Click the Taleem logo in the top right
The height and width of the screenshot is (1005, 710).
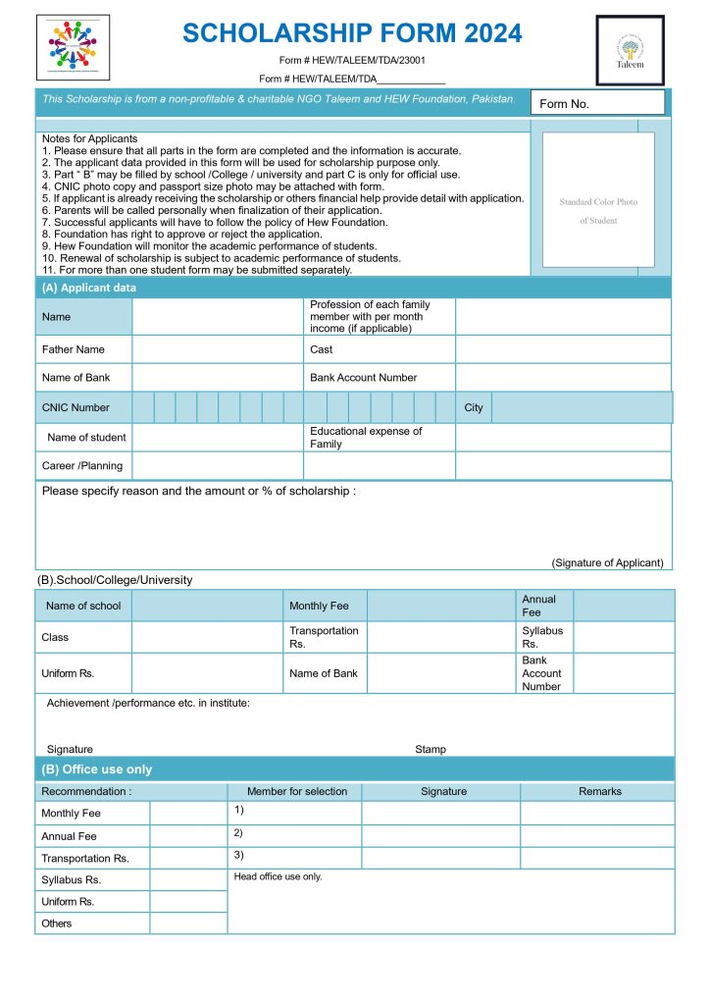[x=631, y=49]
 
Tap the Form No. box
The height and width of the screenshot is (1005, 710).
[x=597, y=103]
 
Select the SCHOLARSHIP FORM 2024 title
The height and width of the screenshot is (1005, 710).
[x=352, y=33]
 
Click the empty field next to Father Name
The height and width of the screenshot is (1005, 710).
[x=217, y=349]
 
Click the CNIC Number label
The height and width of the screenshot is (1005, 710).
[x=76, y=407]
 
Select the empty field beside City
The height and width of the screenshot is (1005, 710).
[x=581, y=407]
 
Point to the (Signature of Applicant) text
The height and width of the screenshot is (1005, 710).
[x=607, y=562]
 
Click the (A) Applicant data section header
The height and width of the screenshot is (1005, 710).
[x=89, y=288]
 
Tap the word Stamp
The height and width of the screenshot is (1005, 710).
[x=431, y=749]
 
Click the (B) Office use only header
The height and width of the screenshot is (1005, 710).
[x=96, y=769]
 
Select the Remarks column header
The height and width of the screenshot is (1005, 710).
[x=599, y=791]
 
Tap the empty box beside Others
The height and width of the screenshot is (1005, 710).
[x=188, y=924]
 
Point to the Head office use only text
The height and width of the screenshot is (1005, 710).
[x=278, y=876]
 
